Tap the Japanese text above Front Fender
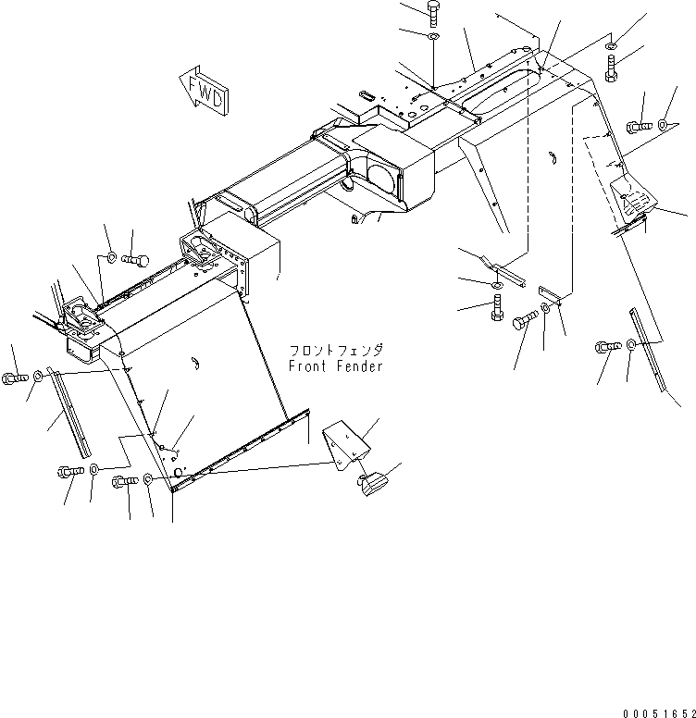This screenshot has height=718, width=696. (x=334, y=352)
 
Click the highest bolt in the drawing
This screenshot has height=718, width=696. (x=434, y=13)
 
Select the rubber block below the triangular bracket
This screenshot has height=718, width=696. (x=374, y=482)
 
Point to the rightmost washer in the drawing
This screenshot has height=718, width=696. (x=664, y=123)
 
